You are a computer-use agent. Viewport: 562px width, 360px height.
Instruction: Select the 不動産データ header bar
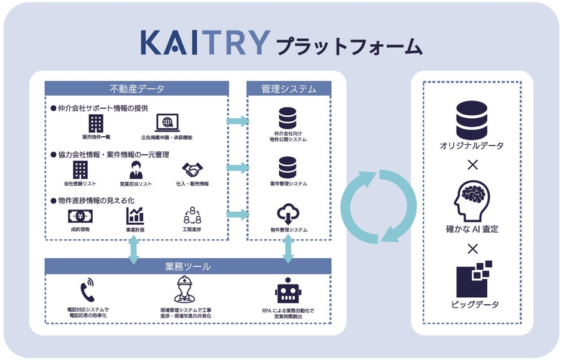click(137, 89)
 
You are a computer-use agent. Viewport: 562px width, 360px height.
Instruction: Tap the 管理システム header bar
click(288, 89)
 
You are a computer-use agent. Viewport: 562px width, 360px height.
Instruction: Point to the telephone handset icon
click(88, 290)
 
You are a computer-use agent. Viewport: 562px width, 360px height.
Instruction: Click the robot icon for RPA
click(288, 290)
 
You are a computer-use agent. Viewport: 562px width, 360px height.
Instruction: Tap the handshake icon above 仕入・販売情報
click(193, 170)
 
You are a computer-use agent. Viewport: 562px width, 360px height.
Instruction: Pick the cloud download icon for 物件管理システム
click(288, 214)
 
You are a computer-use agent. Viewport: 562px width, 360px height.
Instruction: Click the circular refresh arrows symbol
click(378, 206)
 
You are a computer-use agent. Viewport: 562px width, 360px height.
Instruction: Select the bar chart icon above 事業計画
click(135, 216)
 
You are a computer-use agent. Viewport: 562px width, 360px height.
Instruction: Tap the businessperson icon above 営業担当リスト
click(136, 170)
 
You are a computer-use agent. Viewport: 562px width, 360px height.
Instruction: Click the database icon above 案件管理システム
click(288, 167)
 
